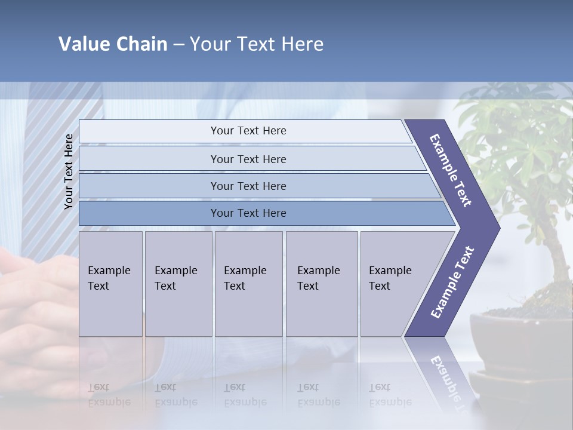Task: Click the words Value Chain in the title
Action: (113, 44)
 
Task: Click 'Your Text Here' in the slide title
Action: (257, 44)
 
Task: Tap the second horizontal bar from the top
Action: (248, 159)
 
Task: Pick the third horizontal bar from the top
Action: (248, 186)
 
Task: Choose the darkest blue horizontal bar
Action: (248, 213)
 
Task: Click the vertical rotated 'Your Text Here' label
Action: (69, 171)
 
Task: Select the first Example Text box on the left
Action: (110, 284)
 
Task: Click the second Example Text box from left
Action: (178, 284)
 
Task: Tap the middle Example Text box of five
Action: (248, 284)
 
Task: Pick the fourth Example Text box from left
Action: (321, 284)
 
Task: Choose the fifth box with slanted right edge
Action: (394, 284)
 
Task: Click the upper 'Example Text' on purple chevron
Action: (451, 170)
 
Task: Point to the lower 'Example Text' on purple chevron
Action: (452, 282)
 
